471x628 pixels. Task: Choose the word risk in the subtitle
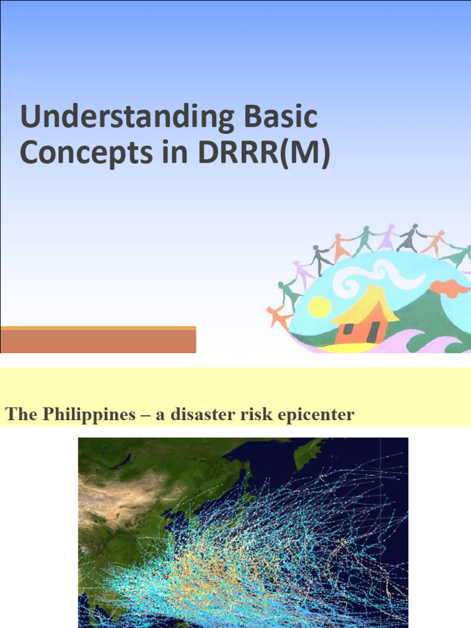pyautogui.click(x=258, y=415)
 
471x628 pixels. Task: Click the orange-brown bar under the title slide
pyautogui.click(x=98, y=340)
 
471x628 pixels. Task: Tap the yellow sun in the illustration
pyautogui.click(x=319, y=307)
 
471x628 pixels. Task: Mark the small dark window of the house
pyautogui.click(x=348, y=328)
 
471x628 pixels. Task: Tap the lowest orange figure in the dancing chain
pyautogui.click(x=279, y=317)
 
